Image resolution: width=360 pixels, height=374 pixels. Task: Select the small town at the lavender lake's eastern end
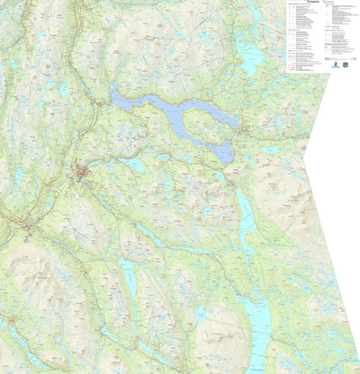pos(241,133)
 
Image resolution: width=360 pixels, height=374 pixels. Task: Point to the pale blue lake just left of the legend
pos(251,59)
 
